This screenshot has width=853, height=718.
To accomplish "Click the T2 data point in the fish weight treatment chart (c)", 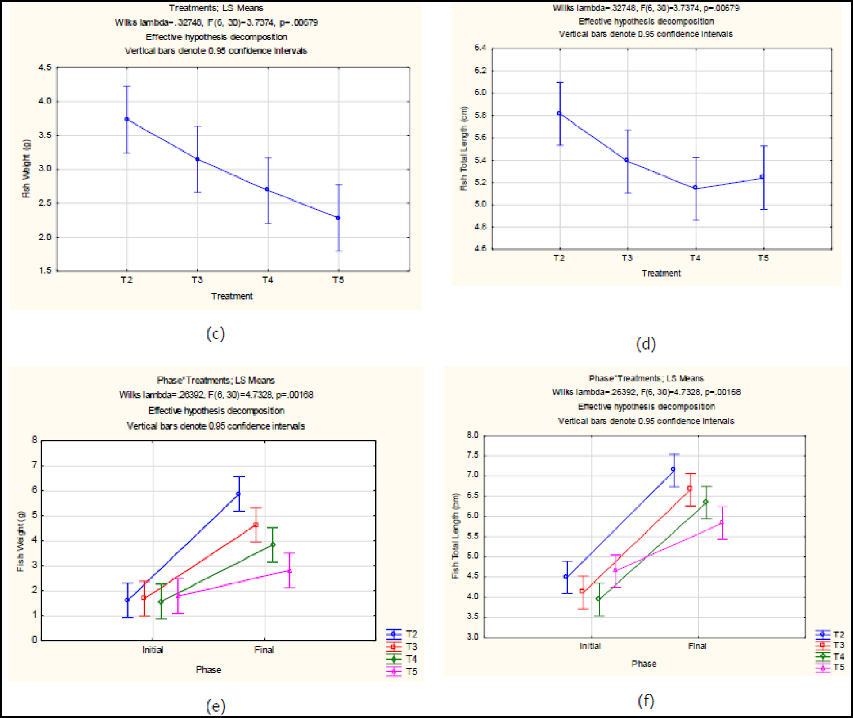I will coord(127,120).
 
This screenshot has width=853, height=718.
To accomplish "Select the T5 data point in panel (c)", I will coord(338,218).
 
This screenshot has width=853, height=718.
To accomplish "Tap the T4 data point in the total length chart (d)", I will coord(695,188).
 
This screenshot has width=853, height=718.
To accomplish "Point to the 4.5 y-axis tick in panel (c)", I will coord(45,68).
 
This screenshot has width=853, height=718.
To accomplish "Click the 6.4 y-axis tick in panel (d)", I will coord(480,48).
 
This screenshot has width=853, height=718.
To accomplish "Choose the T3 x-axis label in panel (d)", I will coord(627,258).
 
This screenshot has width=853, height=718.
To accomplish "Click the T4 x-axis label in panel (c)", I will coord(268,280).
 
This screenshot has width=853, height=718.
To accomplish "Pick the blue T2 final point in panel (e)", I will coord(238,494).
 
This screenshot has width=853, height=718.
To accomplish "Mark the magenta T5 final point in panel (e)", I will coord(289,571).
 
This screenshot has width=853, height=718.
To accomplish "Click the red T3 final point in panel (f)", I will coord(690,489).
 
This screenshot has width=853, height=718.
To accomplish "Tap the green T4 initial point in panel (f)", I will coord(598,599).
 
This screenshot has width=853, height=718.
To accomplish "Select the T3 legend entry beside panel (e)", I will coord(411,647).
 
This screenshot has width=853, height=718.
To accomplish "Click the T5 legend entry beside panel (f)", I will coord(838,667).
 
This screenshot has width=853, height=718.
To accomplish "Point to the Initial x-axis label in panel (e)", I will coord(153,650).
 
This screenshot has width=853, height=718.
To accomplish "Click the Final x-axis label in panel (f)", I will coord(697,646).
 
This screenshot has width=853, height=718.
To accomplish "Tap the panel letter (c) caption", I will coord(215,334).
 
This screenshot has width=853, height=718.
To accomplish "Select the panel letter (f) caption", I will coord(646,701).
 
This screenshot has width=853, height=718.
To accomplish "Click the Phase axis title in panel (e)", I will coord(208,670).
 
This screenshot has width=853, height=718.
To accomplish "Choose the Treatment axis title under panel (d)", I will coord(661,274).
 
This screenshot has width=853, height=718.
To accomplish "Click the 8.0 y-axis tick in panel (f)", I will coord(472,435).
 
